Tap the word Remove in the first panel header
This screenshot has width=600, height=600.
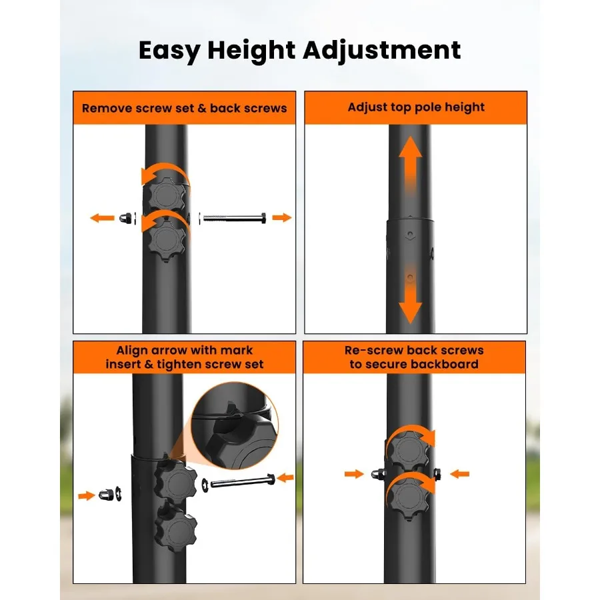pos(104,108)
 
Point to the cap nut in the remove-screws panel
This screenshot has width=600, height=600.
pos(124,218)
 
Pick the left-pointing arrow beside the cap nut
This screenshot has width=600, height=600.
pos(102,218)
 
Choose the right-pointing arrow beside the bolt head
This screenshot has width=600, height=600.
pos(282,217)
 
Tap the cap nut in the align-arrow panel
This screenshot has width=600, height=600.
pos(105,495)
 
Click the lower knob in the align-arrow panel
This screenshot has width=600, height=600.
pos(175,530)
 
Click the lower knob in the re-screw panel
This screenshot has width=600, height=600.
pos(407,497)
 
